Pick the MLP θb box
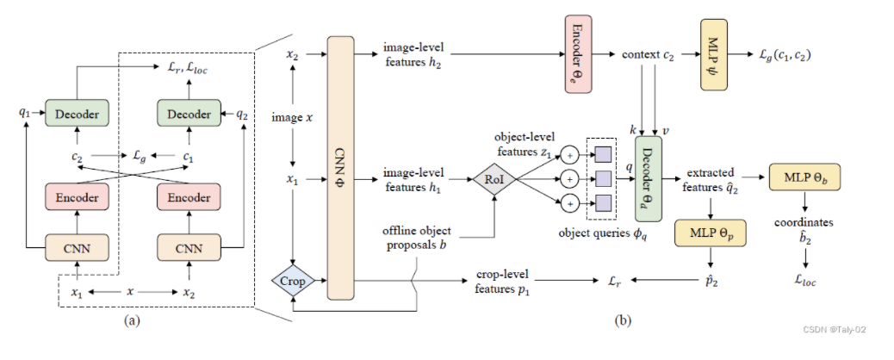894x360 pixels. pos(804,177)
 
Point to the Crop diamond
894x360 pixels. pos(294,281)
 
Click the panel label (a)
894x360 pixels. pos(131,320)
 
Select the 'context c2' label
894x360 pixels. pos(649,54)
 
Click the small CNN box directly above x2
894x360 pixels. pos(187,249)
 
